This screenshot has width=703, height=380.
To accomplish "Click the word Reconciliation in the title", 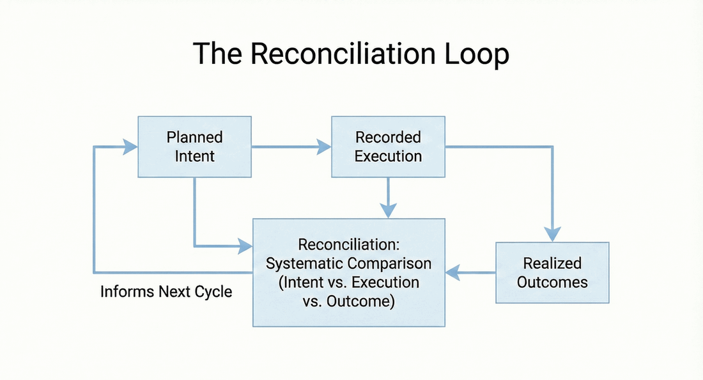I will pyautogui.click(x=342, y=54).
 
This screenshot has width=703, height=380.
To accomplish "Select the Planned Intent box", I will pyautogui.click(x=195, y=146).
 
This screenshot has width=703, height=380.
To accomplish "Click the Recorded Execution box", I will pyautogui.click(x=388, y=146).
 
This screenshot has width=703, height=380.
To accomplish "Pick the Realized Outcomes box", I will pyautogui.click(x=553, y=273).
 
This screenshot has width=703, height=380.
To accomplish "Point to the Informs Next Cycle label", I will pyautogui.click(x=166, y=292).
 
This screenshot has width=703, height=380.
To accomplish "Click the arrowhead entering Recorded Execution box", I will pyautogui.click(x=324, y=147).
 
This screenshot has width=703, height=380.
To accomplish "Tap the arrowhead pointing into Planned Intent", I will pyautogui.click(x=131, y=147).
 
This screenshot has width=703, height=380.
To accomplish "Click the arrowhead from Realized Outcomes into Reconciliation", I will pyautogui.click(x=452, y=273).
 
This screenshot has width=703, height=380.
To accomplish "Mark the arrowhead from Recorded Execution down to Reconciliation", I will pyautogui.click(x=388, y=210).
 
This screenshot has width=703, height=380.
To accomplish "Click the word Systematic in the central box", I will pyautogui.click(x=300, y=264).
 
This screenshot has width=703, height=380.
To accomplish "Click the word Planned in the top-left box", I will pyautogui.click(x=195, y=138).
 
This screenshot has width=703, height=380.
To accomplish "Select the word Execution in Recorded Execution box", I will pyautogui.click(x=388, y=156).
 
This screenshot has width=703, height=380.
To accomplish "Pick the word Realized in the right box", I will pyautogui.click(x=553, y=263).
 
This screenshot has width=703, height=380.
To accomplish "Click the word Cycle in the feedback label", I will pyautogui.click(x=212, y=292).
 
